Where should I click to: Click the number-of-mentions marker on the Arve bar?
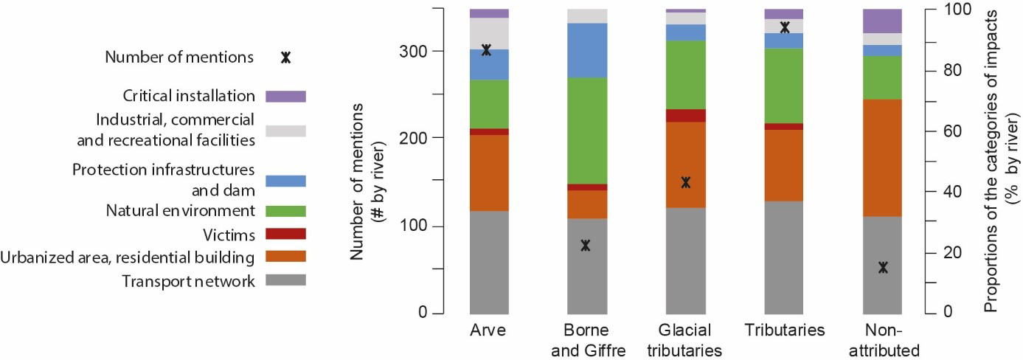point(486,50)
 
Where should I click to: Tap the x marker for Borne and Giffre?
point(586,246)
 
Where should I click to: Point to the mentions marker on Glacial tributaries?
point(686,182)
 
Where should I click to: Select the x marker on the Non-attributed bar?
point(883,267)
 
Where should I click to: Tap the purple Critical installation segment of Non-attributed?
point(883,21)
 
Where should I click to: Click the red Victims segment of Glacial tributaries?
point(686,115)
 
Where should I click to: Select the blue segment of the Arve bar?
point(489,64)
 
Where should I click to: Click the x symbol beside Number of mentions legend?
point(285,58)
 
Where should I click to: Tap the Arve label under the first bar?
point(487,330)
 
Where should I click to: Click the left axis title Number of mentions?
point(358,181)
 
